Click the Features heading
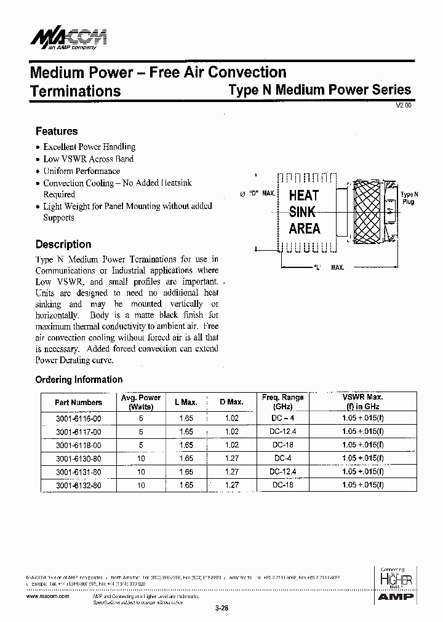57,131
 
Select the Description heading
63,244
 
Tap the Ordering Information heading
79,379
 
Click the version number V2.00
403,106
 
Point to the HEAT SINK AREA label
305,212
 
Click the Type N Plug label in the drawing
407,198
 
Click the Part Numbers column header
78,403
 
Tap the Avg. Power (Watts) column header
141,403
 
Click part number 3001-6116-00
78,418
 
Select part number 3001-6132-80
78,486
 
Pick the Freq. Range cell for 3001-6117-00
282,431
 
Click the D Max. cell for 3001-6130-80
231,459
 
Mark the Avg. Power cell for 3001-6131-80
141,472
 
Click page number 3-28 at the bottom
221,608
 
